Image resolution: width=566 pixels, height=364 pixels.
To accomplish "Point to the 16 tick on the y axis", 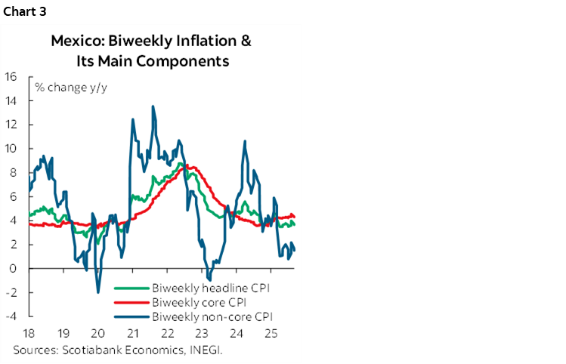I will click(x=11, y=76).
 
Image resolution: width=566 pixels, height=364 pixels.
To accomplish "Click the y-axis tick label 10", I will click(x=11, y=148).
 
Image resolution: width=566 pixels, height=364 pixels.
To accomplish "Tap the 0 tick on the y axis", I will click(x=14, y=268).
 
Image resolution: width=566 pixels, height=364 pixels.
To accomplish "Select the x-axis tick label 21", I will click(x=132, y=333).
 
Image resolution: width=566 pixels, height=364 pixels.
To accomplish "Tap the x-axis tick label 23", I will click(x=203, y=333).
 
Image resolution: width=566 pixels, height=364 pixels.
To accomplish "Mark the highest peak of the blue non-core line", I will click(x=153, y=106).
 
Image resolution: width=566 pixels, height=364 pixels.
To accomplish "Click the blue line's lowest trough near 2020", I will click(x=98, y=292).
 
